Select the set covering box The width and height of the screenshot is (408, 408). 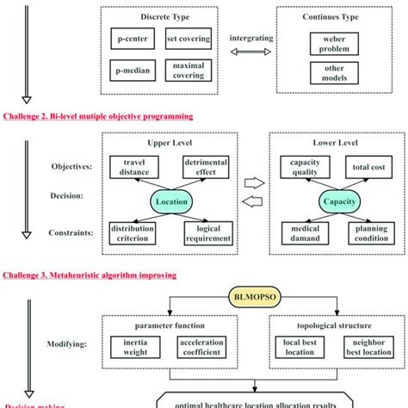186,40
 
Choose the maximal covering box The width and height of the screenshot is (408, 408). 186,70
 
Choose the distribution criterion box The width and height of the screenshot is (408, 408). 135,232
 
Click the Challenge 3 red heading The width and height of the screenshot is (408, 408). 90,275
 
